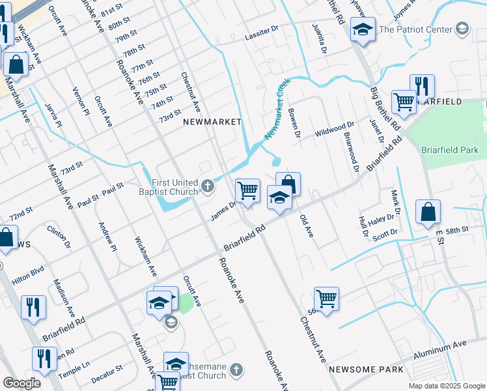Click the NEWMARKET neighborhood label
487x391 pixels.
[x=212, y=122]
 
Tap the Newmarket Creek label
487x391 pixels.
[x=277, y=109]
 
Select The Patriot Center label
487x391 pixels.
[x=415, y=29]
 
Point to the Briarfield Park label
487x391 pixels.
[x=449, y=149]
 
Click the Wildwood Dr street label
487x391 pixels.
[x=335, y=128]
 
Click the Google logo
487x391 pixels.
[x=21, y=383]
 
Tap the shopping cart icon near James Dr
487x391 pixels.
[x=247, y=190]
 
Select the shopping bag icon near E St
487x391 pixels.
[x=428, y=211]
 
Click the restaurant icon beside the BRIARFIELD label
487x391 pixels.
[x=422, y=85]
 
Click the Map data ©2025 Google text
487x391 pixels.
[x=446, y=386]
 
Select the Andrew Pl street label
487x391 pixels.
[x=107, y=237]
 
